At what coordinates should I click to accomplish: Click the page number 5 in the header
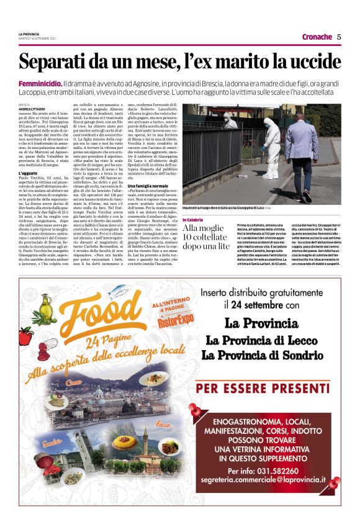(339, 37)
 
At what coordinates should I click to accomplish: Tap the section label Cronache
(317, 37)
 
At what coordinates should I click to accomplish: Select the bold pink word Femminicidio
(40, 83)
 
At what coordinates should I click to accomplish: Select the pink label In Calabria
(194, 220)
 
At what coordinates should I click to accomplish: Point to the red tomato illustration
(25, 335)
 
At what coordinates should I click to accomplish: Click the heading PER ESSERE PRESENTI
(269, 389)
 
